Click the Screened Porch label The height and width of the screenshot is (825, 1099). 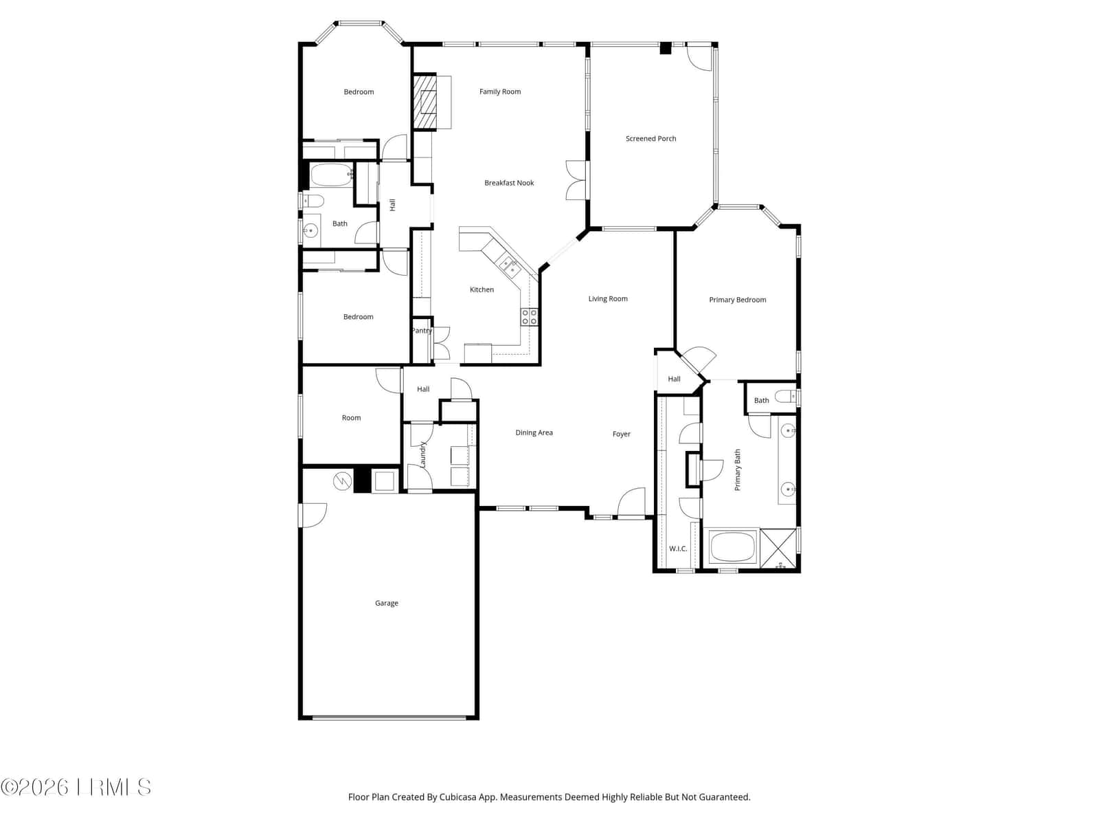650,139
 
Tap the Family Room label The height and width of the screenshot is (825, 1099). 499,91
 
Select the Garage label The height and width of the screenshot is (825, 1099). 387,604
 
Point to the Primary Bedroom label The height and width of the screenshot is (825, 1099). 737,300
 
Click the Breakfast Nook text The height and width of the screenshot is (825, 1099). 509,183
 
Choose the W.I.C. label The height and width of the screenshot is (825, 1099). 678,549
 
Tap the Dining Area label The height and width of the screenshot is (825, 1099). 534,433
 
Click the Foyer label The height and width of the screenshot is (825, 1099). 621,434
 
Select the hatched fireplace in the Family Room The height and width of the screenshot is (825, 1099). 424,102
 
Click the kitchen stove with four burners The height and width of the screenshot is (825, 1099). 529,317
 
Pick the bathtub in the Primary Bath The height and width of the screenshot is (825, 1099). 732,547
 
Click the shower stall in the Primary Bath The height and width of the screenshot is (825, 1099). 778,548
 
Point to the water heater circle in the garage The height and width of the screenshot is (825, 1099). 343,481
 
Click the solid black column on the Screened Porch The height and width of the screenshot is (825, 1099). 665,48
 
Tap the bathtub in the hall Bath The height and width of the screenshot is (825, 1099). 332,175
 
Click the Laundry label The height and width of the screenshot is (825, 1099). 422,454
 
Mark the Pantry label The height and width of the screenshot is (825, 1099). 421,331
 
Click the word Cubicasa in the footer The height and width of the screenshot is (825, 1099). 457,797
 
